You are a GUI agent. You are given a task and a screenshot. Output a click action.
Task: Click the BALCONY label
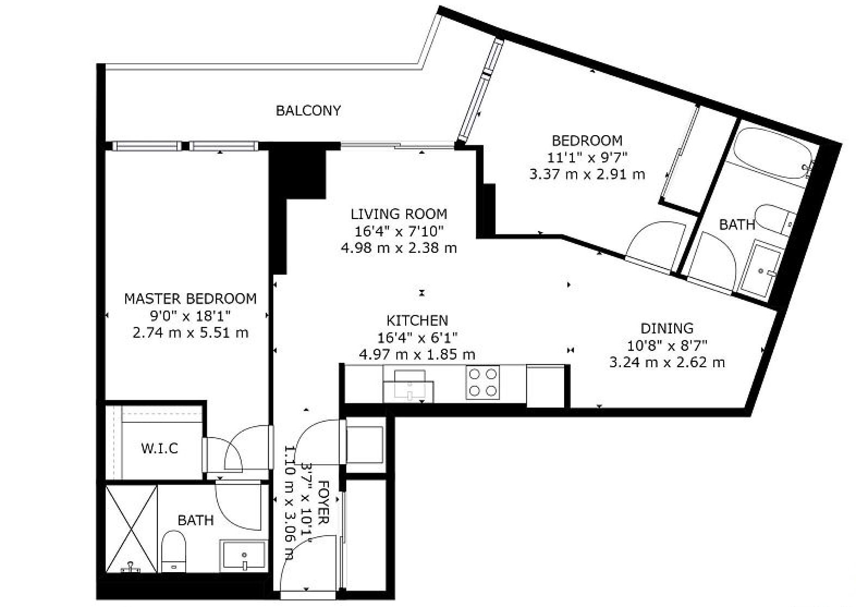tap(308, 111)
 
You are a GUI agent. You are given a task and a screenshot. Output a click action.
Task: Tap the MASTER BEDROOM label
tap(190, 299)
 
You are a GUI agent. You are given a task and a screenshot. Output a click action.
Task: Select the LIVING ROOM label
tap(399, 214)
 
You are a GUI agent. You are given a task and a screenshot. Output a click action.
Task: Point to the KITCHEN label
tap(417, 320)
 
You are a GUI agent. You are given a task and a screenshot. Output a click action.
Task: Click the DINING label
tap(667, 329)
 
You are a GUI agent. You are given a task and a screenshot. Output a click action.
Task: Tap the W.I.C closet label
tap(160, 448)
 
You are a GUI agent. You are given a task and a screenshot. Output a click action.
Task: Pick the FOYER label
tap(323, 502)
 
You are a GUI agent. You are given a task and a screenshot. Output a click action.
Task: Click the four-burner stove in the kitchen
tap(482, 383)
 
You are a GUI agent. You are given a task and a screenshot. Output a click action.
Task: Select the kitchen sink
tap(408, 386)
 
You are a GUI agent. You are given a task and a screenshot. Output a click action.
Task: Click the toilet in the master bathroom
tap(174, 551)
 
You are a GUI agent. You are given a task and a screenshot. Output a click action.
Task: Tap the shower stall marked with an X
tap(131, 529)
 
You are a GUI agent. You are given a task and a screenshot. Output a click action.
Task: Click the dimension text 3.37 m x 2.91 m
tap(587, 175)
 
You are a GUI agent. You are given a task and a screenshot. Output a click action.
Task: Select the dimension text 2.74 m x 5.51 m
tap(190, 333)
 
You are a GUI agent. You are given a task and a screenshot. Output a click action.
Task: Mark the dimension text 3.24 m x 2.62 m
tap(667, 362)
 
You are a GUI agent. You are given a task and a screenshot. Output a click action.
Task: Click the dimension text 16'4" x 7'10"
tap(399, 232)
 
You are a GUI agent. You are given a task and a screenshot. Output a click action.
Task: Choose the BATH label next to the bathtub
tap(737, 225)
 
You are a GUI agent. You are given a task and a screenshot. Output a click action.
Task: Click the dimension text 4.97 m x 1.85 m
tap(417, 355)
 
